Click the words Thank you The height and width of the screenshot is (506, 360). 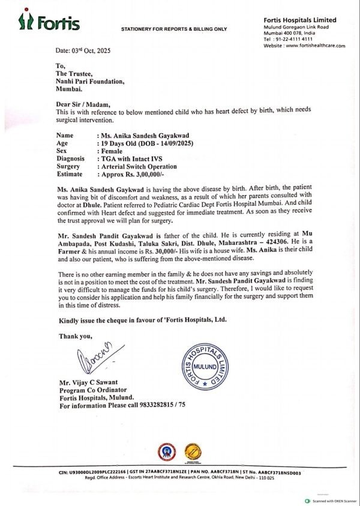[x=76, y=336]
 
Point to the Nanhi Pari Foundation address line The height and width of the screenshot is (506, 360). [x=90, y=81]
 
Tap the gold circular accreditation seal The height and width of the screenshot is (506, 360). [x=192, y=451]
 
